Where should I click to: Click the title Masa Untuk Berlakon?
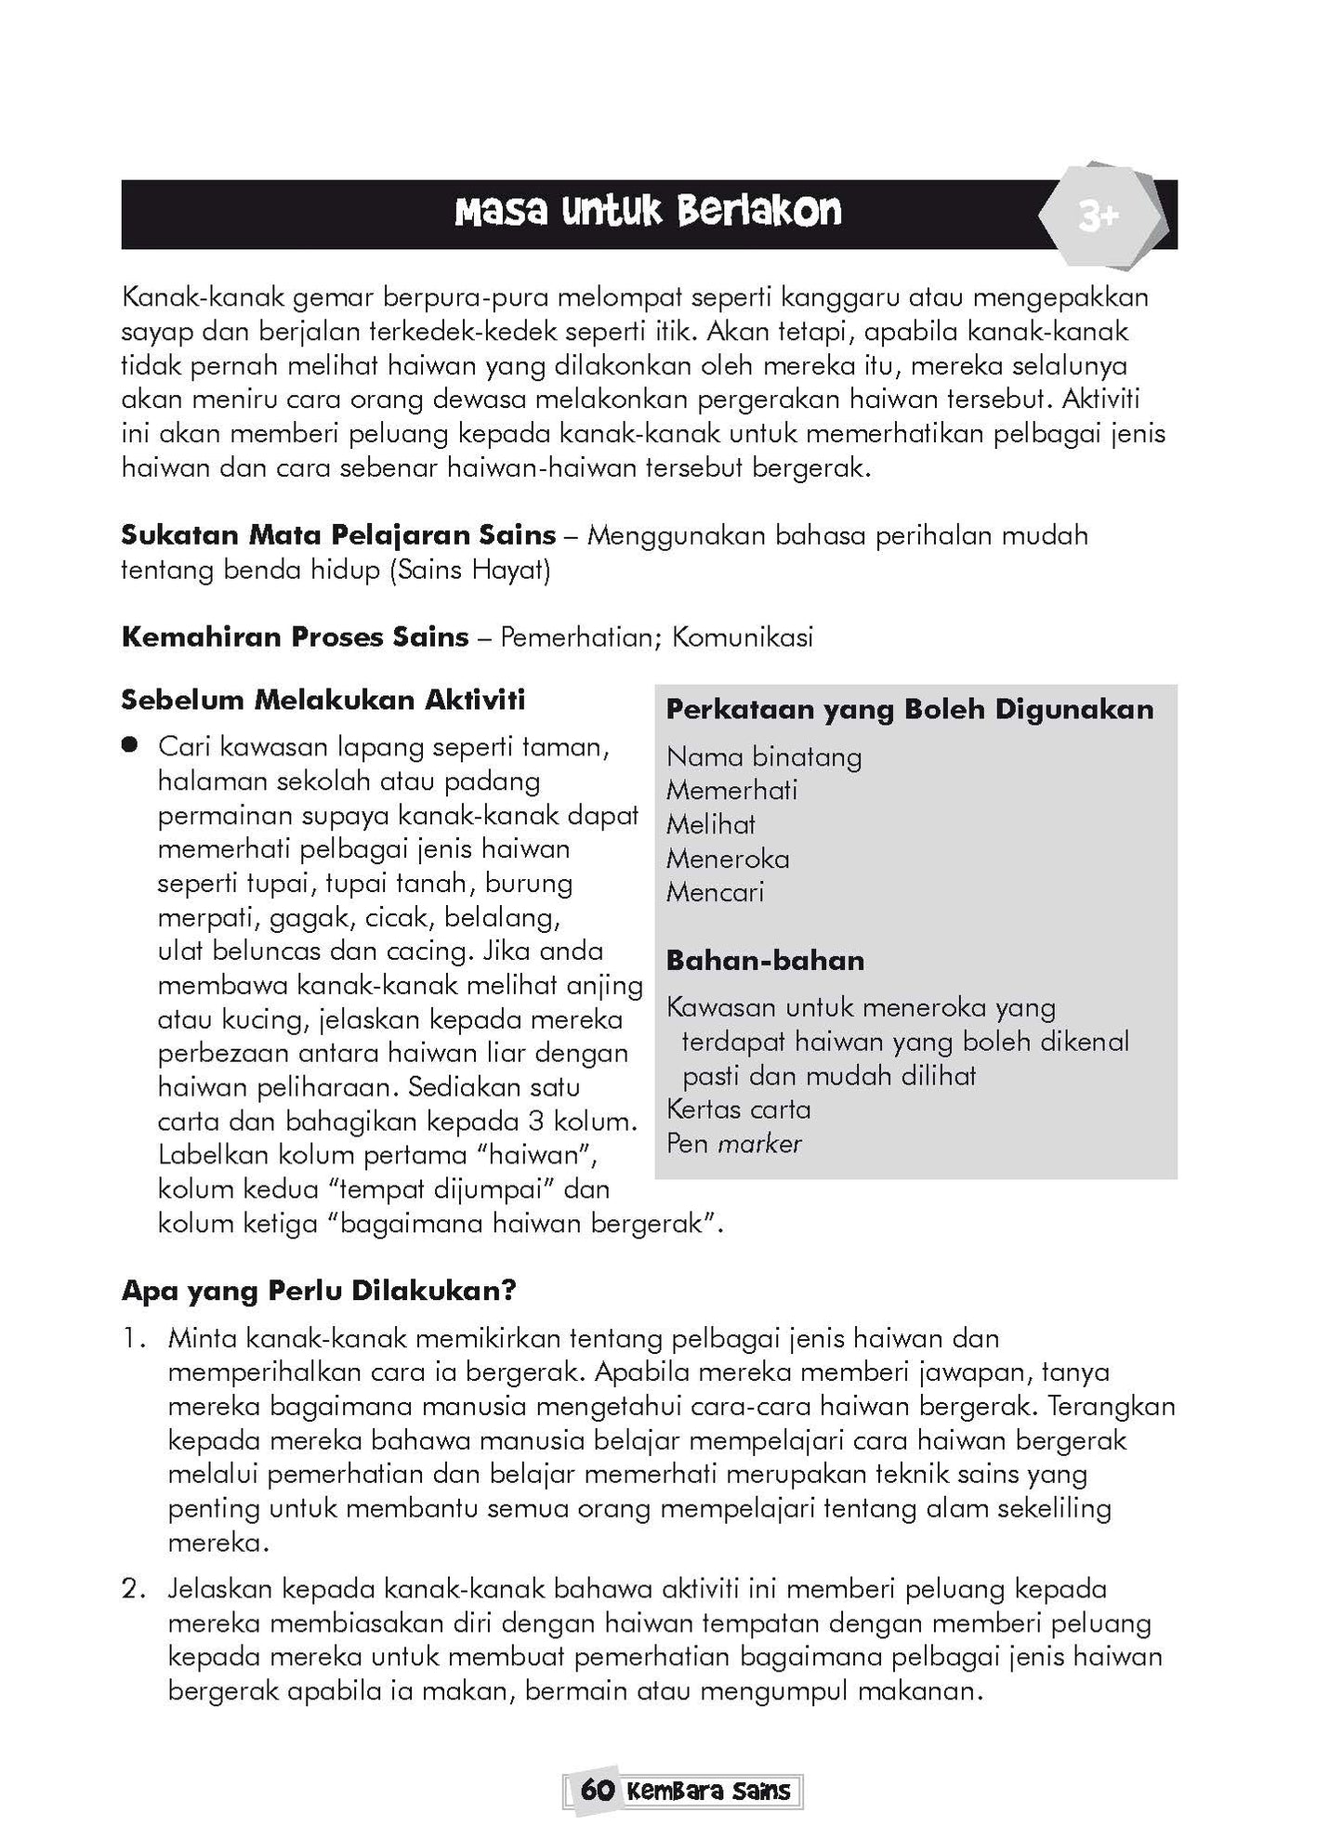tap(648, 213)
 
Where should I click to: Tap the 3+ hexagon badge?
tap(1099, 217)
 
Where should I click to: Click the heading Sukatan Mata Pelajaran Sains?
tap(338, 536)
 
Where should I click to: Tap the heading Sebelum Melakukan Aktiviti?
tap(323, 700)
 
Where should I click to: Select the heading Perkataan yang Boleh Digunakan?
tap(910, 710)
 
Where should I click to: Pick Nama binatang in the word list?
tap(764, 757)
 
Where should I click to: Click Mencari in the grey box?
tap(715, 893)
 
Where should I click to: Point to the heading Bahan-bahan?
tap(765, 961)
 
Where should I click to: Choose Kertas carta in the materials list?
tap(738, 1109)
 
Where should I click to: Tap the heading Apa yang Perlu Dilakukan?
tap(319, 1292)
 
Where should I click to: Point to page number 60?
tap(597, 1791)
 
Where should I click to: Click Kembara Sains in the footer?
tap(708, 1791)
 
